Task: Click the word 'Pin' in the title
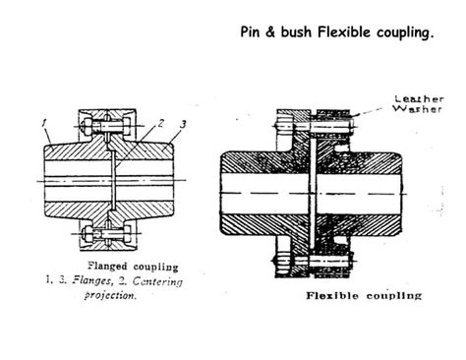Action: [x=252, y=31]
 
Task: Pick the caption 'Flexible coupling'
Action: [x=364, y=294]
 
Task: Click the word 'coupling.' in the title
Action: [x=406, y=32]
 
